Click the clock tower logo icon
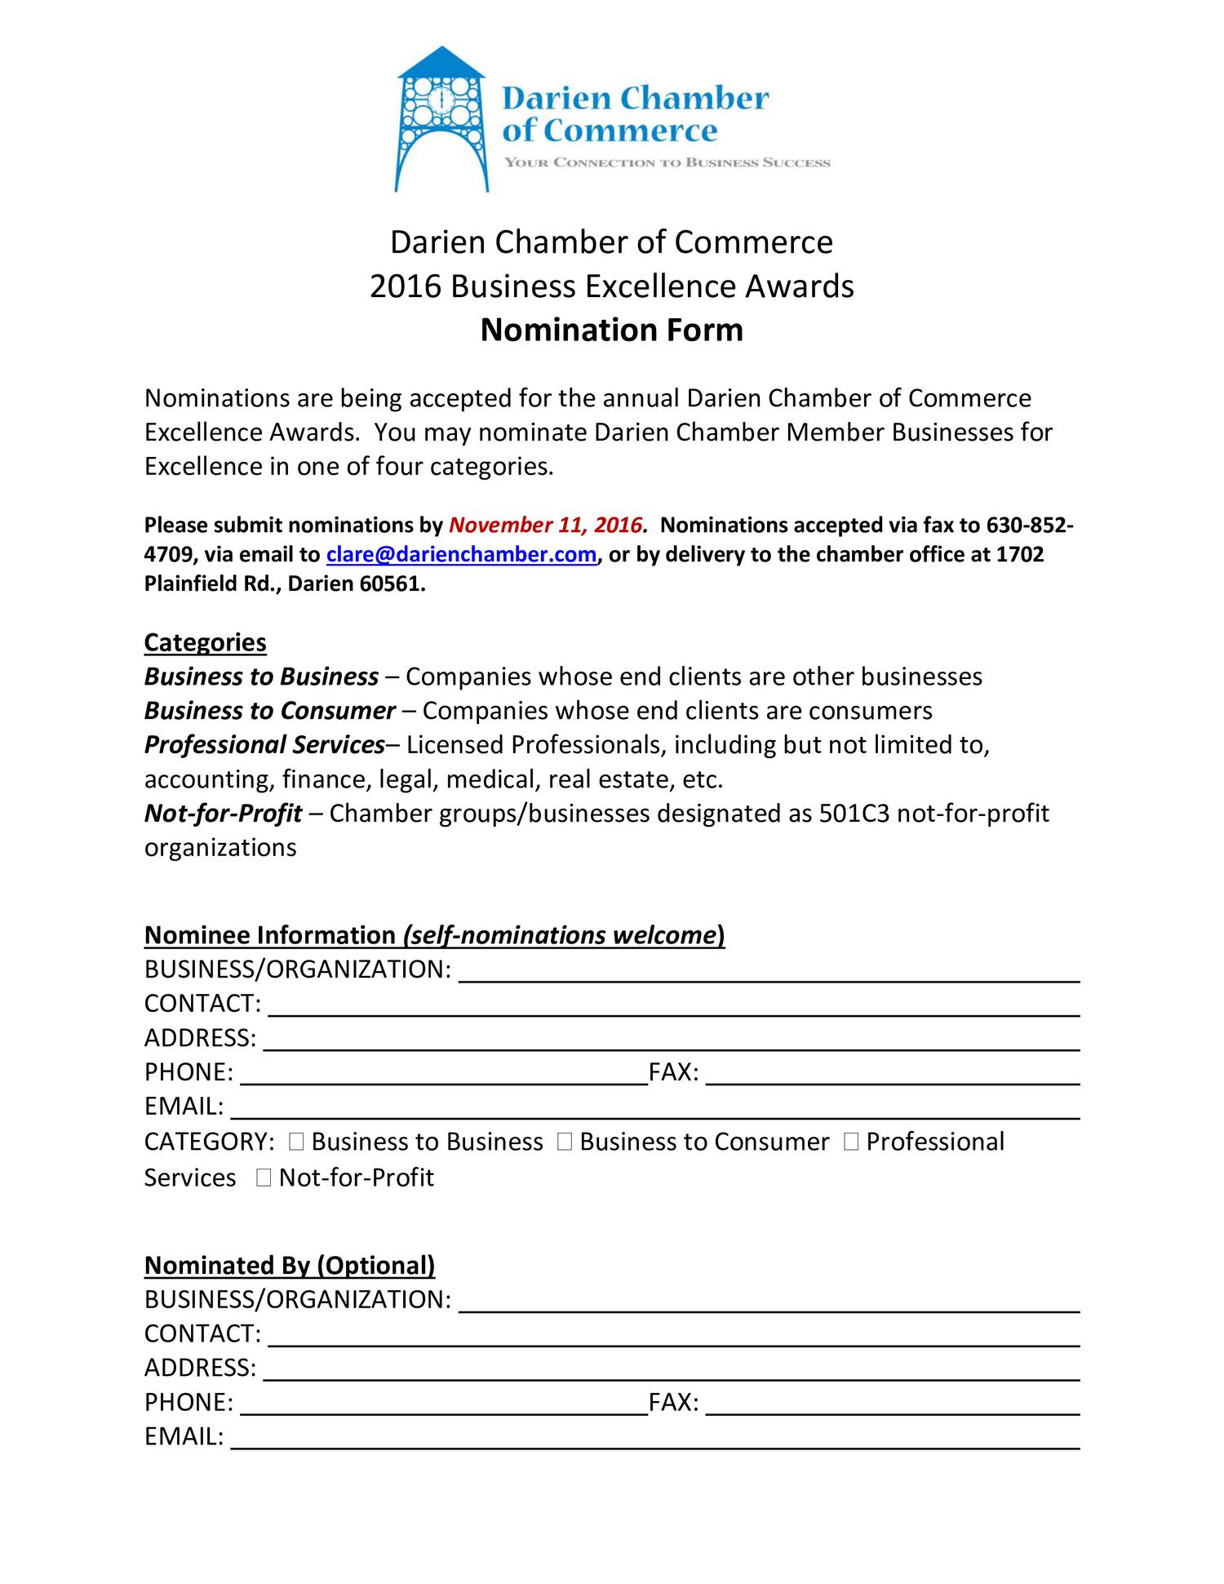441,119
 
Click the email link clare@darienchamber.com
461,555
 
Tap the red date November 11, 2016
546,525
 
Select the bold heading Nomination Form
611,331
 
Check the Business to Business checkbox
296,1142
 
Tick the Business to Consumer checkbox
565,1142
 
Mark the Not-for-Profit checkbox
263,1178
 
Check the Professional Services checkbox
851,1142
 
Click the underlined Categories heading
205,642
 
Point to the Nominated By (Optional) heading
290,1265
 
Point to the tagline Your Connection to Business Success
667,162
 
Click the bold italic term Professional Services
264,745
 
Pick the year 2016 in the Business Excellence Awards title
405,286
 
